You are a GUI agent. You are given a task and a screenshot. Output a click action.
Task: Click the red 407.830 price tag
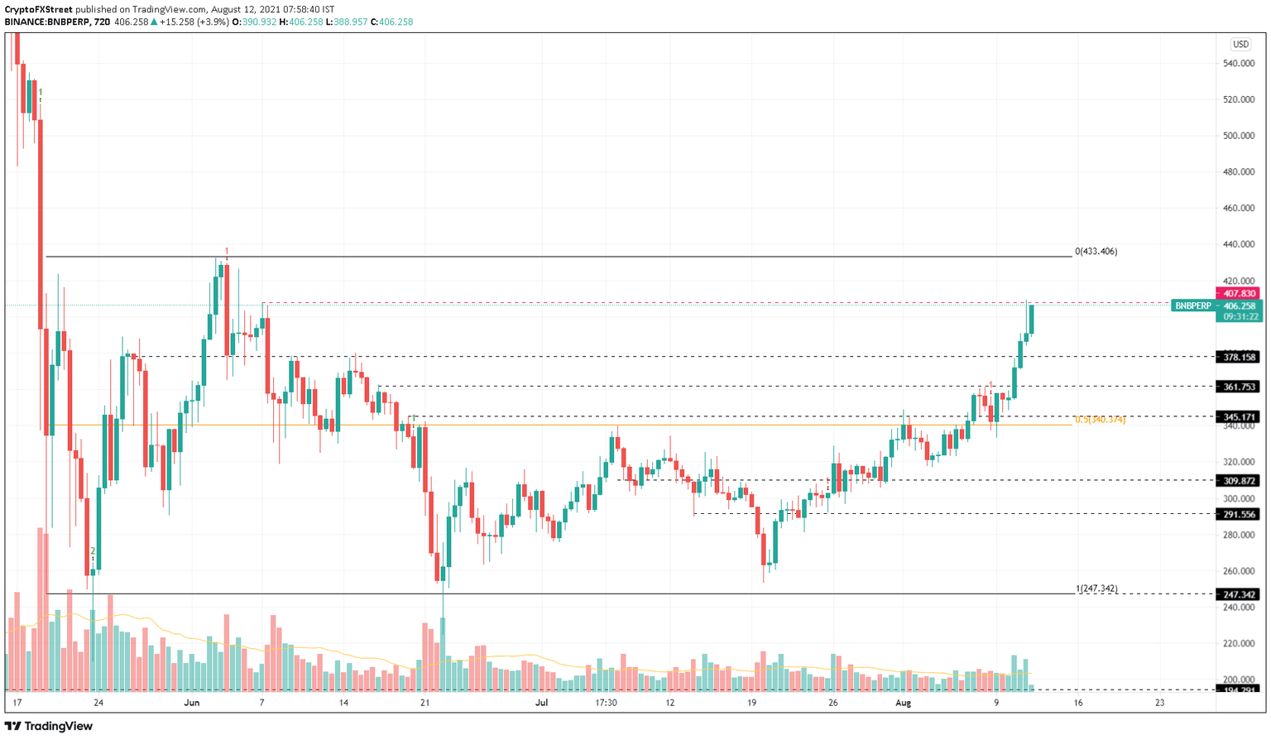(1237, 293)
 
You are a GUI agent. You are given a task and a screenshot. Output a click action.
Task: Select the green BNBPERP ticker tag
(1192, 305)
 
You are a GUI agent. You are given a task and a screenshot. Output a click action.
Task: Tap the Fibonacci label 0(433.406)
(1096, 251)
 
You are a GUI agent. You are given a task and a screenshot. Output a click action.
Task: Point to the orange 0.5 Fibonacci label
(1100, 420)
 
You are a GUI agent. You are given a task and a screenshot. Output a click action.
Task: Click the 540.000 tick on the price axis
(1238, 64)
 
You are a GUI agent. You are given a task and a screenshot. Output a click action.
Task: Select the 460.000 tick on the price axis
(1238, 209)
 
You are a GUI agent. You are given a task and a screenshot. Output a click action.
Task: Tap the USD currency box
(1240, 45)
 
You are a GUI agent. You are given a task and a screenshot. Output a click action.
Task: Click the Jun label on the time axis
(192, 703)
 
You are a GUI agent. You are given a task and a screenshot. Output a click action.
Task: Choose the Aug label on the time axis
(903, 703)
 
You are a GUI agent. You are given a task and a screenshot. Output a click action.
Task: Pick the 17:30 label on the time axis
(606, 703)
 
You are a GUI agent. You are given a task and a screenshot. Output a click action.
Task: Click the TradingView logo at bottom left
(49, 726)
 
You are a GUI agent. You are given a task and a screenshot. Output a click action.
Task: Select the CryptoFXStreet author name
(38, 10)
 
